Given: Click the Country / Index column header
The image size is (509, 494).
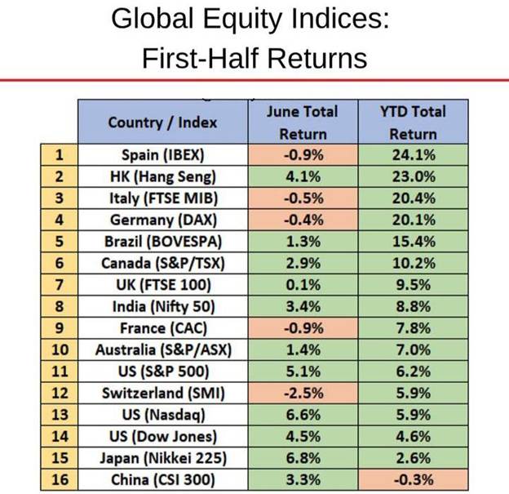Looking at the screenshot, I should point(162,122).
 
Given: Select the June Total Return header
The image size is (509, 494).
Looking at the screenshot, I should point(302,122).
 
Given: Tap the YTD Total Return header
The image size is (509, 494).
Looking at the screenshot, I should point(413,122).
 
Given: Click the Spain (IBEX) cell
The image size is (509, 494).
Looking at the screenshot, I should point(162,154).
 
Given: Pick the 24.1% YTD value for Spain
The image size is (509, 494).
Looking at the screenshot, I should point(413,154).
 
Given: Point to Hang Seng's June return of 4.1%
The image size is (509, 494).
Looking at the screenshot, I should point(302,176).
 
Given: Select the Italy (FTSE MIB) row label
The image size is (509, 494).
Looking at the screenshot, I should point(162,197).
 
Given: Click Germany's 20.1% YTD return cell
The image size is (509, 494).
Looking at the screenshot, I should point(413,219).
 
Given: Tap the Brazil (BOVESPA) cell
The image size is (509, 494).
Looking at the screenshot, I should point(162,241).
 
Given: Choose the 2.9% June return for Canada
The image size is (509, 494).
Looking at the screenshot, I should point(302,263).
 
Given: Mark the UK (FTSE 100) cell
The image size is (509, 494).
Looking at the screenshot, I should point(162,285).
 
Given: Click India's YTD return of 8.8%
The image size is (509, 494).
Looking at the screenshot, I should point(413,307).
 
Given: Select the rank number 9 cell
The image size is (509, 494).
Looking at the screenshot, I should point(59,328).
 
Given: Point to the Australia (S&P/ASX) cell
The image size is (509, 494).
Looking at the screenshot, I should point(162,350).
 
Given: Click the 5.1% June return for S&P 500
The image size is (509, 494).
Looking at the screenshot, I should point(302,372).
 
